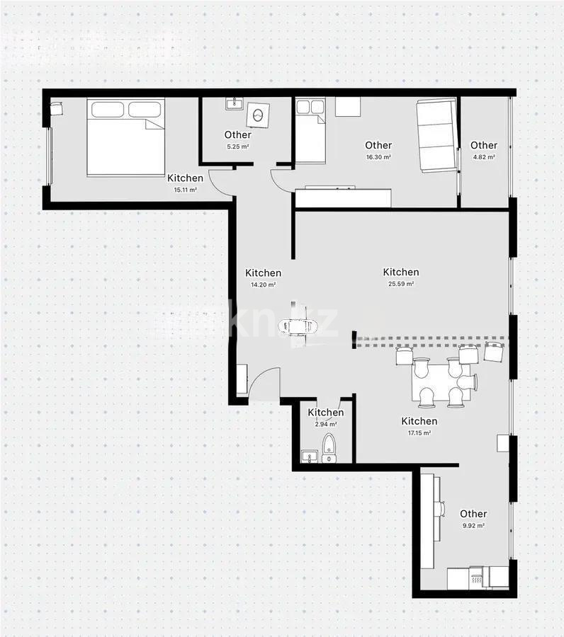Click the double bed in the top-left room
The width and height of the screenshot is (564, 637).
click(126, 137)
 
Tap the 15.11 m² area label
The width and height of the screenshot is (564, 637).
click(186, 190)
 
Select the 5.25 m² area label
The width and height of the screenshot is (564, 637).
click(237, 147)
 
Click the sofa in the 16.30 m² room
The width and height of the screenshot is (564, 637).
click(436, 134)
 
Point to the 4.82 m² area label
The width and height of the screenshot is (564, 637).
click(484, 157)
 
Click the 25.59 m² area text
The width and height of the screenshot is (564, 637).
click(400, 284)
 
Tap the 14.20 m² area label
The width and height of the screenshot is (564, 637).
click(263, 285)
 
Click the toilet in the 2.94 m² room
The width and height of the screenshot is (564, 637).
click(329, 449)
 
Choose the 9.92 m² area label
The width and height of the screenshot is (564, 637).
click(473, 526)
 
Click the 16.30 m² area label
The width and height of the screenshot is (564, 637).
click(378, 157)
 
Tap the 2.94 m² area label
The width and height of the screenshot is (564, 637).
click(326, 424)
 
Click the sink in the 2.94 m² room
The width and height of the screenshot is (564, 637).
click(309, 457)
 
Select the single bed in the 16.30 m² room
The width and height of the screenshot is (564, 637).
click(310, 132)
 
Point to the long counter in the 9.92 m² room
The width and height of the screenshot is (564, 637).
click(429, 520)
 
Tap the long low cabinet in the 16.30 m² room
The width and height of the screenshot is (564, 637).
click(343, 197)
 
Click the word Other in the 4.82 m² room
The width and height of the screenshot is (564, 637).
click(484, 146)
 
